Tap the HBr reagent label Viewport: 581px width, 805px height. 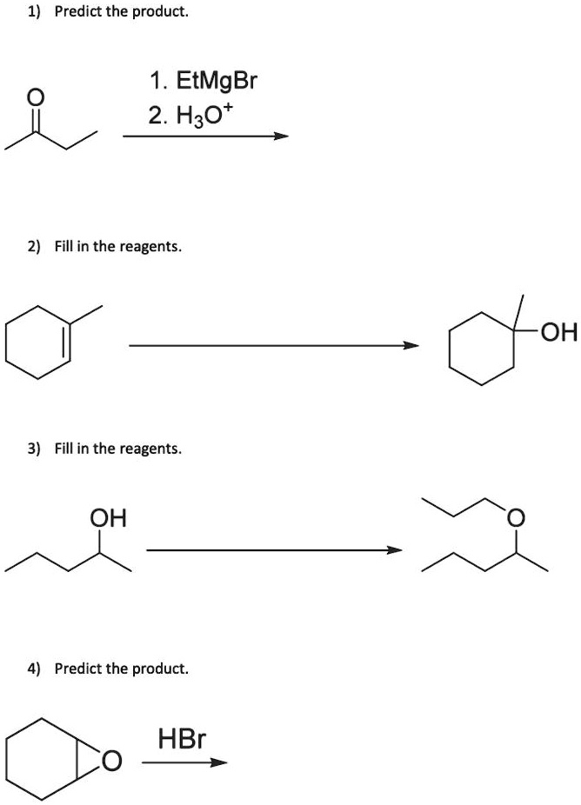pyautogui.click(x=182, y=739)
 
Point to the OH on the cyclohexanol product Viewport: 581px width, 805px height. pyautogui.click(x=558, y=333)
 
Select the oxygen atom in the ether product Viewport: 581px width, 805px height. pyautogui.click(x=516, y=520)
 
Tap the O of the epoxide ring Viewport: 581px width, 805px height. pyautogui.click(x=110, y=762)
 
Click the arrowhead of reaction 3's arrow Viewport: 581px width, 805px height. pyautogui.click(x=395, y=550)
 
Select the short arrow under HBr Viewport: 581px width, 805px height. pyautogui.click(x=184, y=763)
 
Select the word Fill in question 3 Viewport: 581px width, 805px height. pyautogui.click(x=64, y=449)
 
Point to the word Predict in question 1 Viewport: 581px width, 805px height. pyautogui.click(x=76, y=13)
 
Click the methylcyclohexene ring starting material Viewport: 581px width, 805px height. pyautogui.click(x=39, y=344)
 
